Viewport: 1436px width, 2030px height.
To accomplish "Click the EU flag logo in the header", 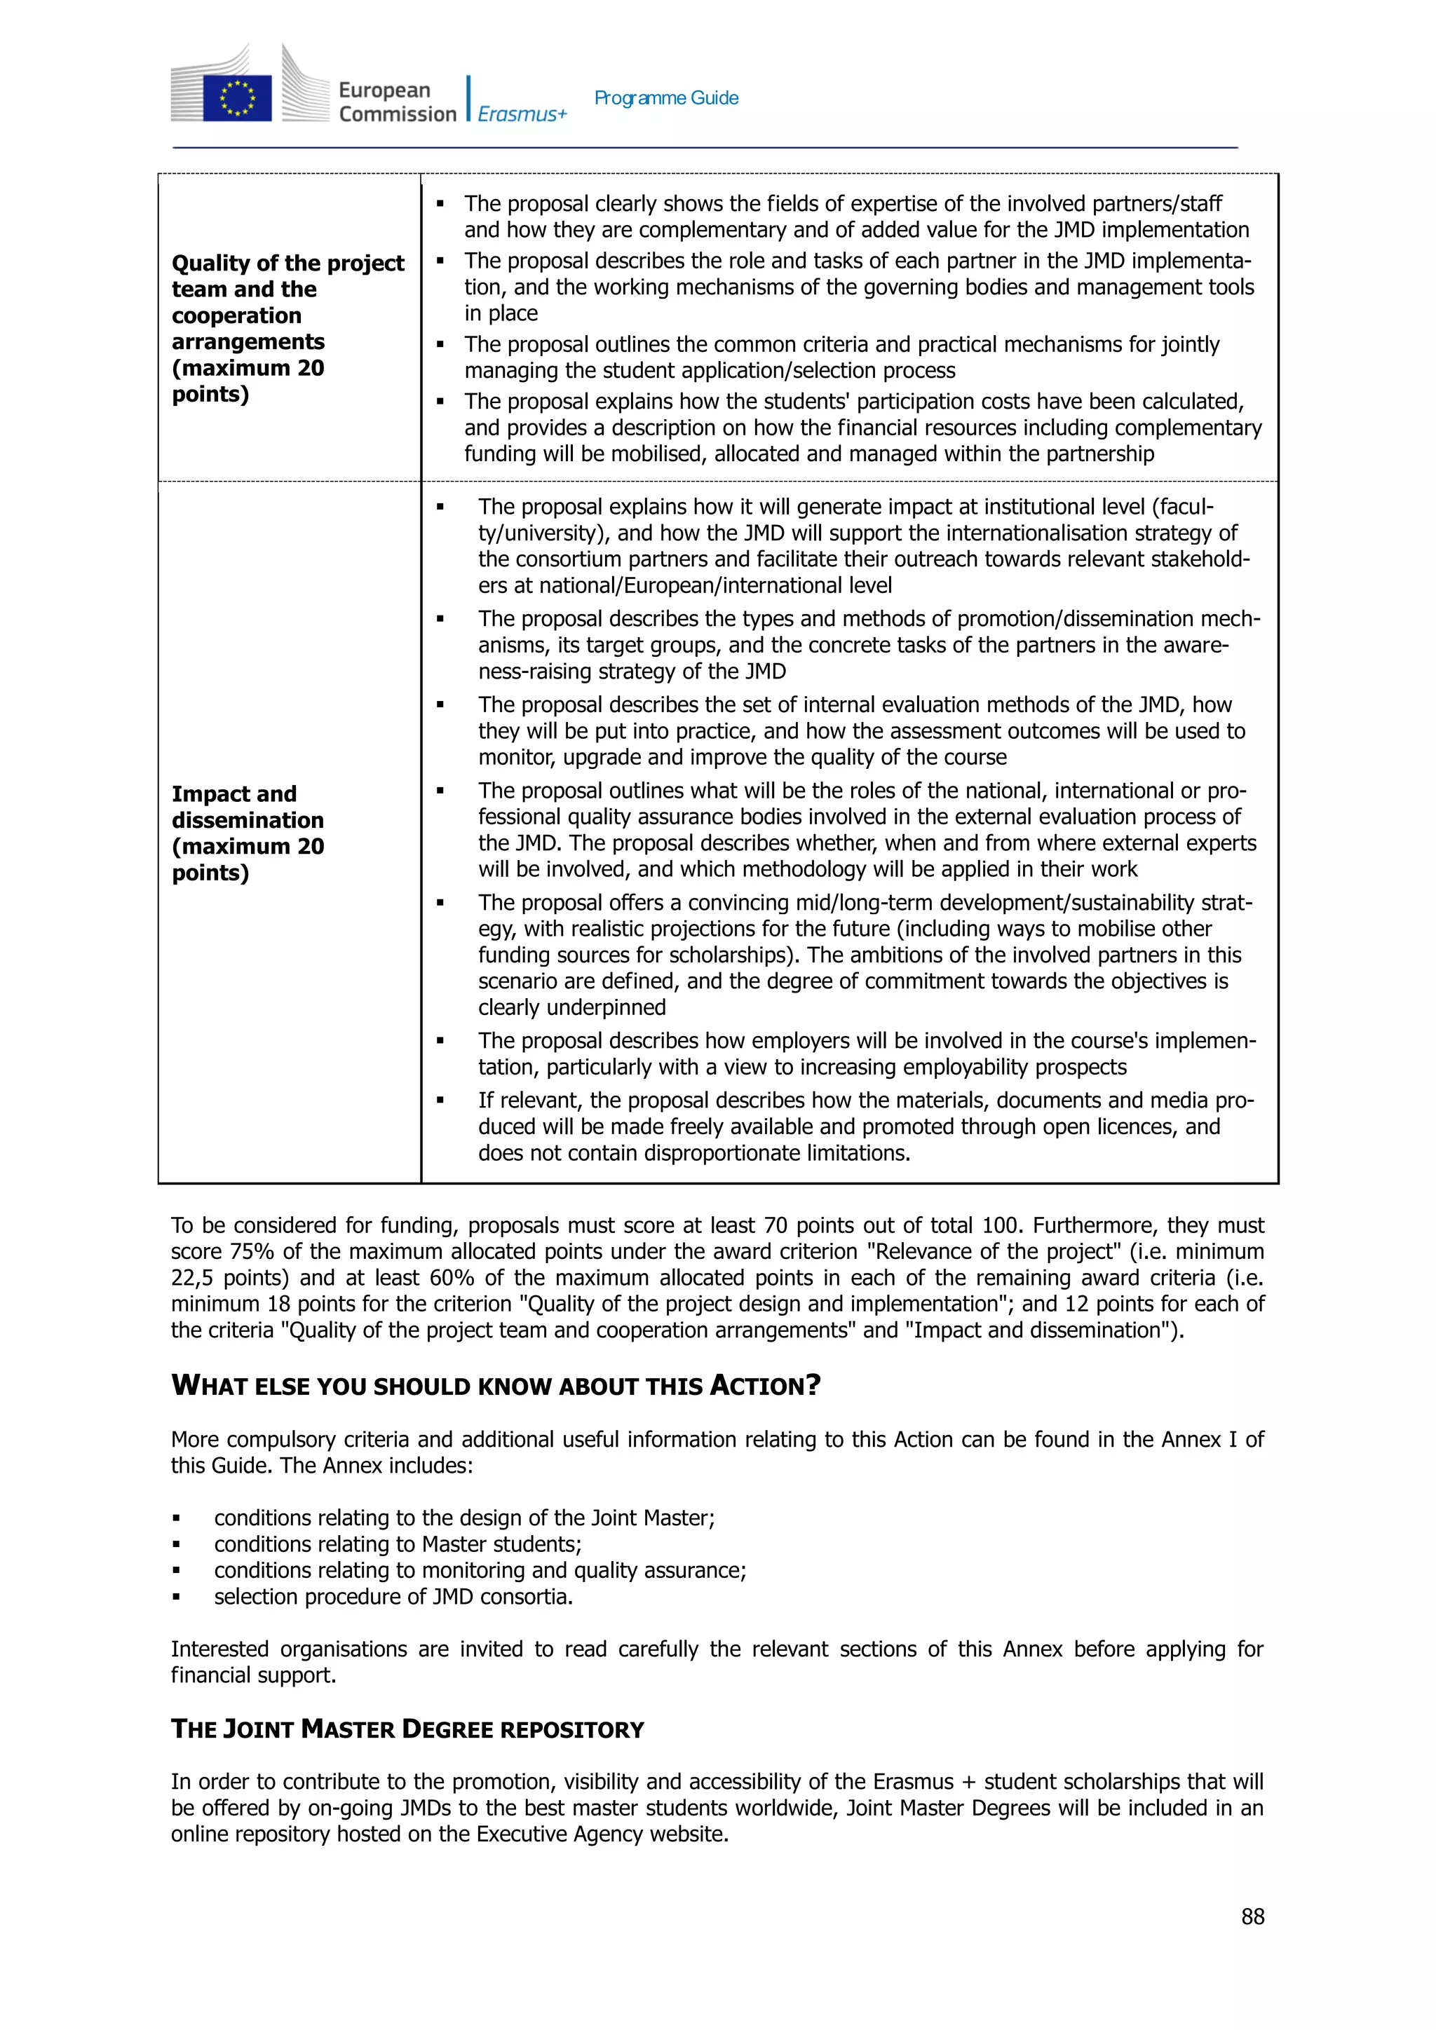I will click(x=237, y=97).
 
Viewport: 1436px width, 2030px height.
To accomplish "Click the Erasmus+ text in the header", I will click(x=522, y=114).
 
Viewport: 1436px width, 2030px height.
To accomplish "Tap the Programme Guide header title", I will click(x=666, y=98).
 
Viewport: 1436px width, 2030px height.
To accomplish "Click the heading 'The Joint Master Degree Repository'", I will click(x=407, y=1729).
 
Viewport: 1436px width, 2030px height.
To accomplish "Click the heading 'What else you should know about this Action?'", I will click(x=495, y=1385).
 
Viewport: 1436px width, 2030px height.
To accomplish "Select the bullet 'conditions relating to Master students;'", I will click(x=397, y=1544).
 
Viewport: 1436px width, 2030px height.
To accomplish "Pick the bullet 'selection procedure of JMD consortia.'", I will click(x=393, y=1597).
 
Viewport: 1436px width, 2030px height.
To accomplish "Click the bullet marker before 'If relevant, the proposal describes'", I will click(x=440, y=1101).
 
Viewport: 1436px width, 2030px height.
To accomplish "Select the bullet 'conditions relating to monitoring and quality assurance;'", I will click(x=480, y=1570).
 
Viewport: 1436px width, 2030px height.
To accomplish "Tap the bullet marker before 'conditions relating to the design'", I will click(x=177, y=1519).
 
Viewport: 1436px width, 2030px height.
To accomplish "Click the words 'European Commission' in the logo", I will click(x=396, y=102).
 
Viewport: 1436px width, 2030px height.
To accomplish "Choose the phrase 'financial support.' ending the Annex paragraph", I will click(x=253, y=1675).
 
